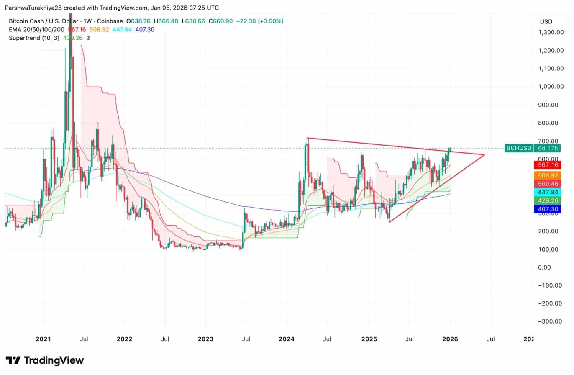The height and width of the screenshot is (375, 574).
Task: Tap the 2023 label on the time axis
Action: pos(205,339)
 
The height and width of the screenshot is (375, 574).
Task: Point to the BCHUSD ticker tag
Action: pos(519,148)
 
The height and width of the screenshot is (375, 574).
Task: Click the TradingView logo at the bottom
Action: pos(45,360)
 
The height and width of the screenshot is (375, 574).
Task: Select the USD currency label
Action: pos(546,21)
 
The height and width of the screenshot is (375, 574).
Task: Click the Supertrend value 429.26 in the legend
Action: pos(72,38)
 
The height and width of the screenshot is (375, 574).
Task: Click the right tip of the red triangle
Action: pos(484,155)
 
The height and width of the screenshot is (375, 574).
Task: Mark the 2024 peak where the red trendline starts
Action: pos(307,138)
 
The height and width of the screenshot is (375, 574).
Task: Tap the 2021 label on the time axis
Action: pos(43,339)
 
